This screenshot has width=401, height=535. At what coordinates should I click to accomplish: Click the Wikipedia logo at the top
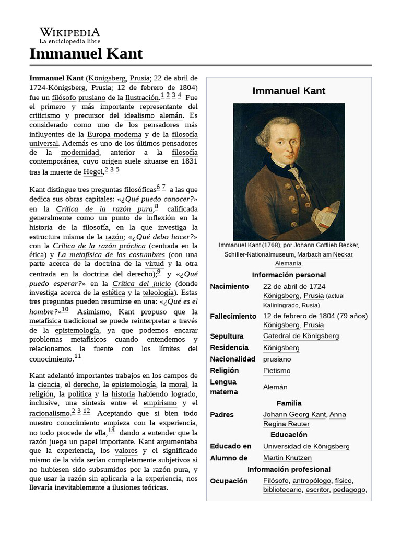69,35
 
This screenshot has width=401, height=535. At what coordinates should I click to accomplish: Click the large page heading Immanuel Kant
86,54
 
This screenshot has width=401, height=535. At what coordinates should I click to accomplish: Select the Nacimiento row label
229,286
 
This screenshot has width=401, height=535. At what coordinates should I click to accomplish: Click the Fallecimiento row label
233,316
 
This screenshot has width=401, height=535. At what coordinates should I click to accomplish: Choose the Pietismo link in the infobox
277,370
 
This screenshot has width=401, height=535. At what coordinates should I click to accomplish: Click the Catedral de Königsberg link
301,336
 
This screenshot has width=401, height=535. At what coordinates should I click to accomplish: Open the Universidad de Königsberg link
306,446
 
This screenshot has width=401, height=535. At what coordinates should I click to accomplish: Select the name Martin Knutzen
287,458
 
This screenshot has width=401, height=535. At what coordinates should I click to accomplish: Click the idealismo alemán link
154,115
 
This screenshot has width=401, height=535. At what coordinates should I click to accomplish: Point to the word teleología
159,293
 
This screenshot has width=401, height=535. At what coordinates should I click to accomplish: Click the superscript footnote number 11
78,356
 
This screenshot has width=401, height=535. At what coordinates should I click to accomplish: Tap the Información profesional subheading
289,469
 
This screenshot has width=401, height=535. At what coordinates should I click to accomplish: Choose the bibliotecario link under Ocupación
282,490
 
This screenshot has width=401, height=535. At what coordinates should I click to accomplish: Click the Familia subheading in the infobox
289,403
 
